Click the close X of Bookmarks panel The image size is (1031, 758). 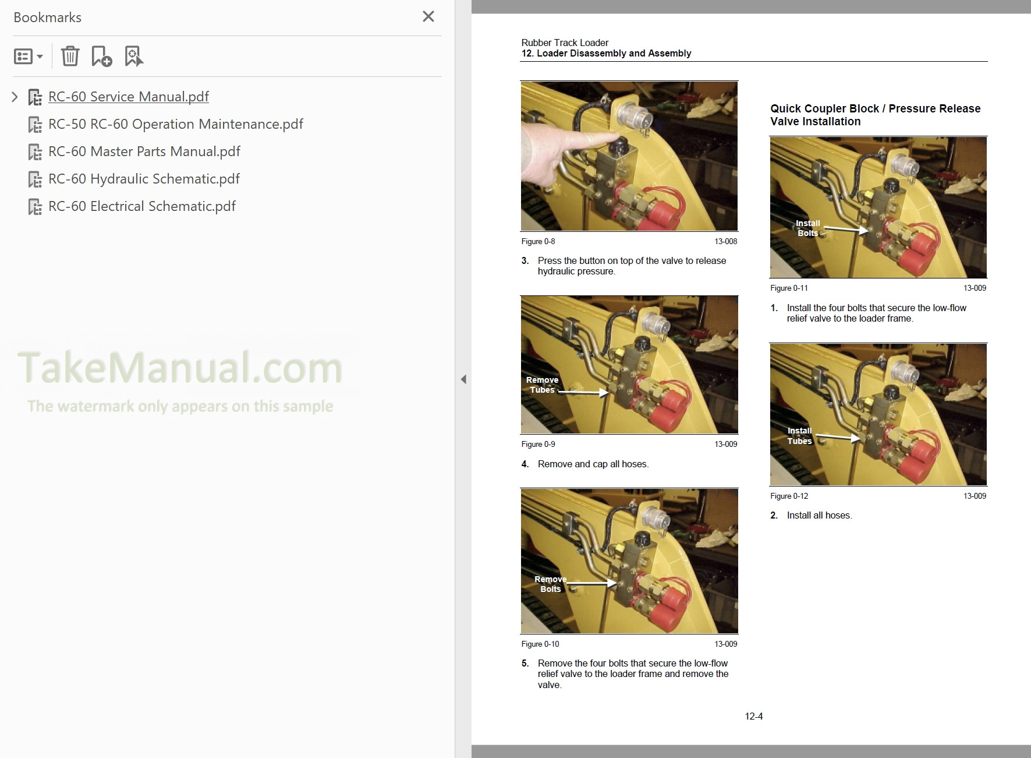(x=428, y=17)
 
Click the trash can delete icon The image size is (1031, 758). (x=70, y=57)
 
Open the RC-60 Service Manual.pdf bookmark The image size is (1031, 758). (x=128, y=97)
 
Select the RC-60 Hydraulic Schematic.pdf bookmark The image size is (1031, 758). (x=144, y=179)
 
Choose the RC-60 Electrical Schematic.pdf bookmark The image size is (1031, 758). (x=142, y=206)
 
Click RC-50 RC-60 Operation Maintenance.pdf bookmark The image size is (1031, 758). (x=175, y=124)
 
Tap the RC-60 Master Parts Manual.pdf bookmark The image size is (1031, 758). (x=144, y=151)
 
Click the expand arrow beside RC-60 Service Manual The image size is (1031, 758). (x=15, y=97)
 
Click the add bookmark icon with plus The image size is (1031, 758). (x=101, y=57)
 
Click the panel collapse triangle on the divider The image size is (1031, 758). (x=463, y=379)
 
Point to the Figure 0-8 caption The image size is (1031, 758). (x=538, y=241)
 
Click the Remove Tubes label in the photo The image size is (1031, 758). (x=542, y=385)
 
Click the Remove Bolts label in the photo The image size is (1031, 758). (x=550, y=584)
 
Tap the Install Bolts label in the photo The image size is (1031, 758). (x=807, y=228)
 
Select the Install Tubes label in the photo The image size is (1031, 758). (x=799, y=436)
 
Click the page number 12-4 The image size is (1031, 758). (x=753, y=716)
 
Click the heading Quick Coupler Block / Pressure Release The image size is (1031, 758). (x=875, y=109)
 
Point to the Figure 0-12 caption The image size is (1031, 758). (x=789, y=496)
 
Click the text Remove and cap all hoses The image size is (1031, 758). (x=593, y=464)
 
